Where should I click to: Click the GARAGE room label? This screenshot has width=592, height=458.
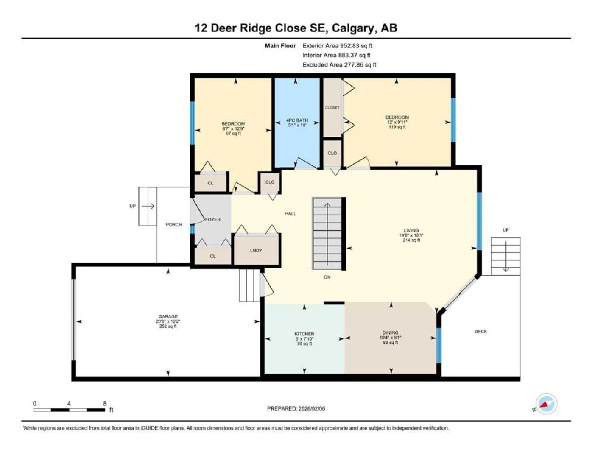(168, 316)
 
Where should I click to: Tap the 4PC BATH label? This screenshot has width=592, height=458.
(297, 120)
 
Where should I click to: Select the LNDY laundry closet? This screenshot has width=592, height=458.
(256, 250)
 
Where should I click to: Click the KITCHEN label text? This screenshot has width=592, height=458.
(304, 334)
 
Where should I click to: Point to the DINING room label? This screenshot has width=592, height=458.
(391, 332)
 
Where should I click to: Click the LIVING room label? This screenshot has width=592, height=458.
(411, 230)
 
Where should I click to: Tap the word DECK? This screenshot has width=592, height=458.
(480, 332)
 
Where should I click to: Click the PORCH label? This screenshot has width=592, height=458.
(174, 224)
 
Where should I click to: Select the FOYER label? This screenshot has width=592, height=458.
(213, 219)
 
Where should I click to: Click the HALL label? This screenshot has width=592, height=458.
(290, 214)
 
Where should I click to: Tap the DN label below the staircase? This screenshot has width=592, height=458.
(327, 277)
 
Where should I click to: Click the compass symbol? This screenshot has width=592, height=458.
(546, 404)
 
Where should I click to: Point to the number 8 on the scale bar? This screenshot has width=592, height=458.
(105, 403)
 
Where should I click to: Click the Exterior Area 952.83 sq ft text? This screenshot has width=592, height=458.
(337, 46)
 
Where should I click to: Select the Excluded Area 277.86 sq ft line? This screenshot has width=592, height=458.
(339, 65)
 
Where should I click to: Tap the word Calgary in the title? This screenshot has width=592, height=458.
(353, 28)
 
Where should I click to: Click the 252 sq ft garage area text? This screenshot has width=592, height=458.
(168, 326)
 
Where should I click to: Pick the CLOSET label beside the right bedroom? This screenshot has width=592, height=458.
(332, 108)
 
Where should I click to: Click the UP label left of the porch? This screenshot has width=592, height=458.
(132, 206)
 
